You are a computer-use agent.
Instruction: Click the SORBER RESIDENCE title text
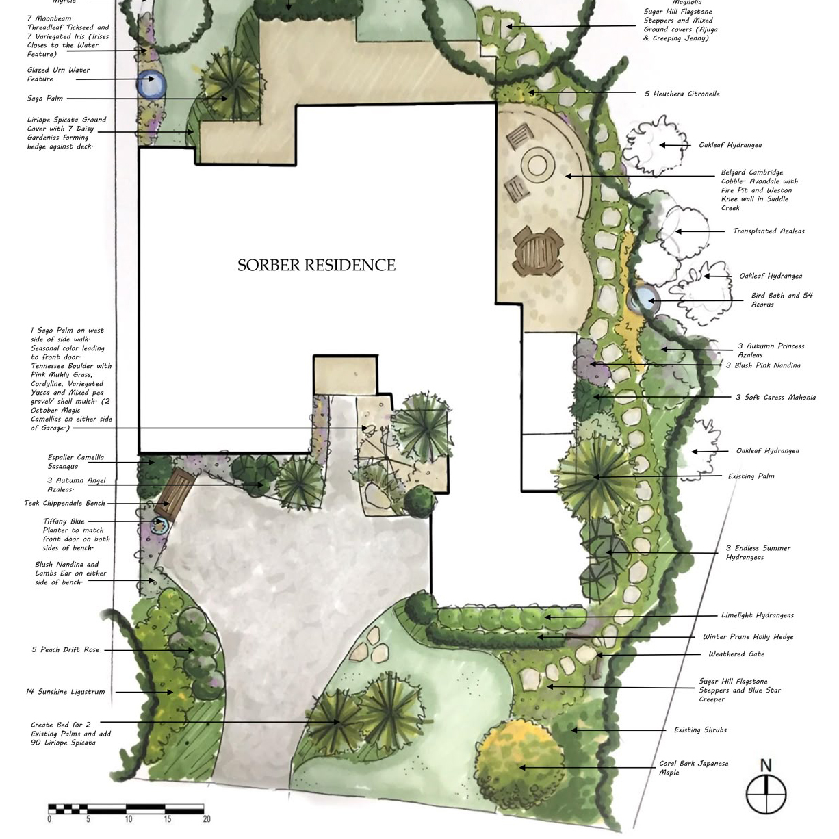[x=317, y=265]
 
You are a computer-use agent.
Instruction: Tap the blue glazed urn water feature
[x=151, y=84]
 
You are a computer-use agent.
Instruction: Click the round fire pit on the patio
[x=538, y=166]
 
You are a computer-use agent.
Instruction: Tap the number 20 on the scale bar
[x=207, y=819]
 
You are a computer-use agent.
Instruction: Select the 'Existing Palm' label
[x=751, y=476]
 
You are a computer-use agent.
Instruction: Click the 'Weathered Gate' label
[x=736, y=654]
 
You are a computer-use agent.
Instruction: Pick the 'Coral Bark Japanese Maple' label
[x=693, y=768]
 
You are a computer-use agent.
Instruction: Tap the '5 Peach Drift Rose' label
[x=65, y=650]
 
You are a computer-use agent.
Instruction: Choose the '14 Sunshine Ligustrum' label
[x=65, y=692]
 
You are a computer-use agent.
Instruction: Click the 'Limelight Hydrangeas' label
[x=757, y=615]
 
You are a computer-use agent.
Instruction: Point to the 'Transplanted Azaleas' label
[x=769, y=231]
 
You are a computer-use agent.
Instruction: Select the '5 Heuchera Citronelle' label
[x=682, y=94]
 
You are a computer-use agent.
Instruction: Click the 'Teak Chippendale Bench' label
[x=64, y=503]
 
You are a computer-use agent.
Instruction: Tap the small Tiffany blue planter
[x=159, y=525]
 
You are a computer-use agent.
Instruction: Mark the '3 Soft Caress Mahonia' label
[x=775, y=398]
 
